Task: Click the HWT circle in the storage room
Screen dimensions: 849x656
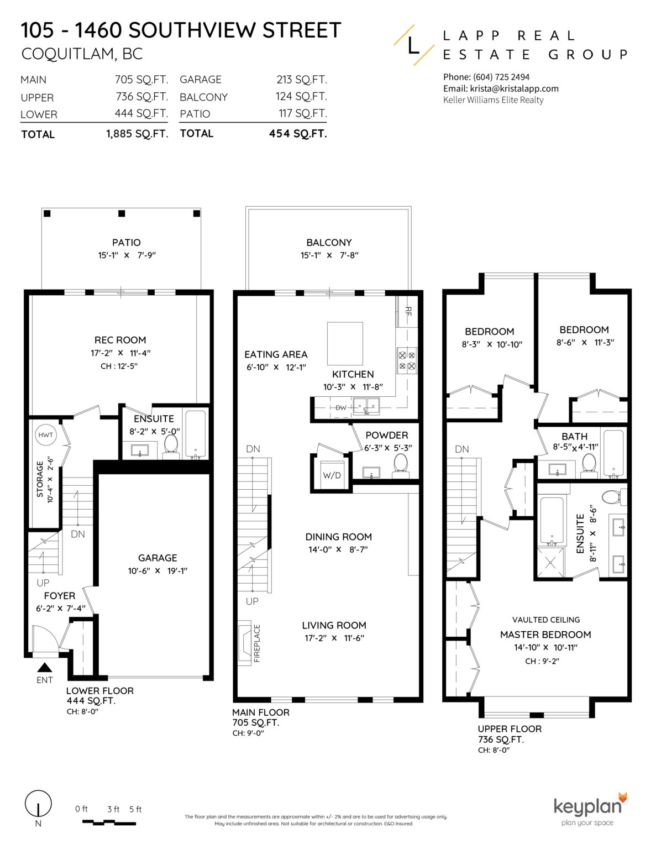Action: pyautogui.click(x=45, y=435)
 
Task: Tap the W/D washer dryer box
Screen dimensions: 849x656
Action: pyautogui.click(x=332, y=475)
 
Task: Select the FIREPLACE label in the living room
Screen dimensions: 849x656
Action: pyautogui.click(x=257, y=643)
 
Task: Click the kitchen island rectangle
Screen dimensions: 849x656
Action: pyautogui.click(x=345, y=343)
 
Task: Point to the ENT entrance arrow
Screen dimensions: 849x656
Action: pyautogui.click(x=45, y=668)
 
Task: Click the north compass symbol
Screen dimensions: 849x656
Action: pyautogui.click(x=38, y=805)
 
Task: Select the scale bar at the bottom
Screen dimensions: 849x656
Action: pyautogui.click(x=109, y=822)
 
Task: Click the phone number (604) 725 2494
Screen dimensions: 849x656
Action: pyautogui.click(x=486, y=77)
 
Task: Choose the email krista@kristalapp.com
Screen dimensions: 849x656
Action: pyautogui.click(x=501, y=88)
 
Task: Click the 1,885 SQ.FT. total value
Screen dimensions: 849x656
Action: pyautogui.click(x=137, y=134)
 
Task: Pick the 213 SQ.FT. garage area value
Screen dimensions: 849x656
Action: pyautogui.click(x=301, y=80)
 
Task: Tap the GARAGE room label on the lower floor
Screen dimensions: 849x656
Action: pyautogui.click(x=158, y=558)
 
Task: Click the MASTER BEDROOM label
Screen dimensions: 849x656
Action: pyautogui.click(x=545, y=635)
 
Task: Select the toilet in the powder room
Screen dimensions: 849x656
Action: pyautogui.click(x=400, y=464)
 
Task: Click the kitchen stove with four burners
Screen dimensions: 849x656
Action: pyautogui.click(x=407, y=360)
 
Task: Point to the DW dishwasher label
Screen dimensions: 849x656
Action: pyautogui.click(x=341, y=408)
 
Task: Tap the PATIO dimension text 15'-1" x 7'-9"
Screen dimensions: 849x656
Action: pyautogui.click(x=127, y=255)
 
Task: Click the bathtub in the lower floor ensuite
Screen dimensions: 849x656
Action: pyautogui.click(x=195, y=434)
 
